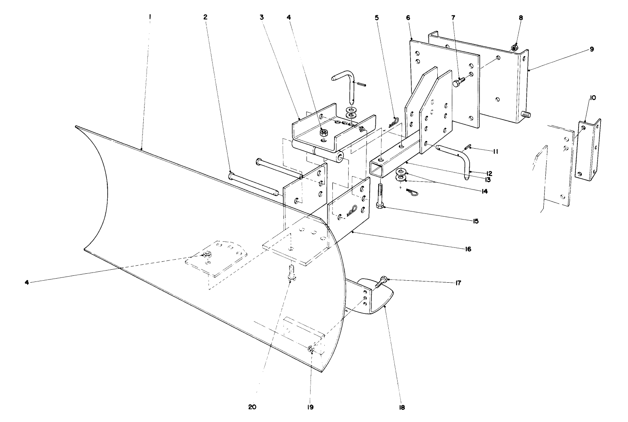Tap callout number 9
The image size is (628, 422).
592,49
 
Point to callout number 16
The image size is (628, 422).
468,249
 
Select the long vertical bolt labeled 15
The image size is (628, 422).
380,196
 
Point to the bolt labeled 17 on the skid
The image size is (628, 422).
382,281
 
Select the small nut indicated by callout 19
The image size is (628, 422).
311,349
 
